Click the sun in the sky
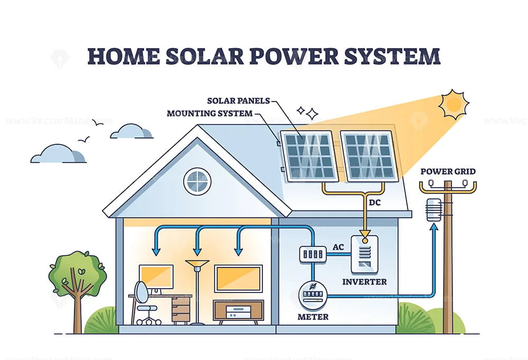click(x=454, y=104)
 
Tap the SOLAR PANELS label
click(x=239, y=100)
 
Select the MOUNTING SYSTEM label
click(x=209, y=113)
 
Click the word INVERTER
click(x=364, y=281)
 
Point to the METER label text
click(x=313, y=317)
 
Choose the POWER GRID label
click(x=448, y=171)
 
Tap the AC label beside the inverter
click(x=338, y=247)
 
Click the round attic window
click(x=197, y=181)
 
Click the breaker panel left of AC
click(x=312, y=254)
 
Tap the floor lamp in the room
click(x=197, y=290)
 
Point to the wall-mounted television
click(x=239, y=278)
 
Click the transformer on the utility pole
click(x=433, y=209)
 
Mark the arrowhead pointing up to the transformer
click(x=433, y=228)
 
